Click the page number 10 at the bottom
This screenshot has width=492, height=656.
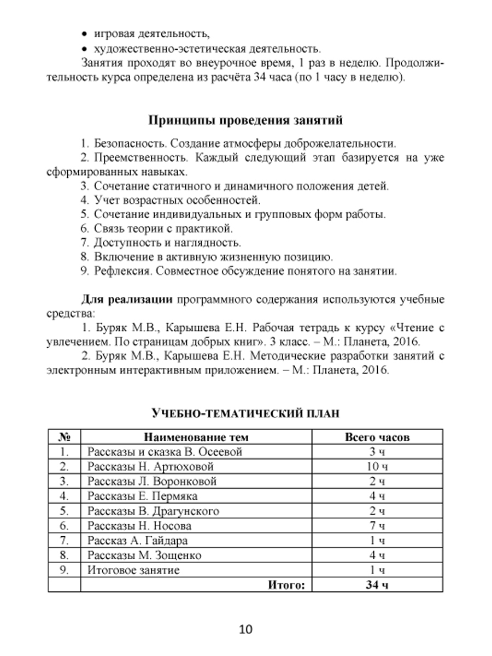[x=245, y=629]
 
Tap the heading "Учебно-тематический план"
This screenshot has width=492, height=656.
[x=245, y=414]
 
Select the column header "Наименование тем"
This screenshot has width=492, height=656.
[x=196, y=437]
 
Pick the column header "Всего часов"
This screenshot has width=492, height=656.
[x=377, y=437]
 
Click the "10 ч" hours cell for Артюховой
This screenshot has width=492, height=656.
[x=377, y=467]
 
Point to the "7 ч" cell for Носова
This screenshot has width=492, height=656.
[x=377, y=526]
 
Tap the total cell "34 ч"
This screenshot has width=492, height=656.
[x=377, y=585]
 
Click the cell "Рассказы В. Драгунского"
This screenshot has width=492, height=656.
[x=153, y=511]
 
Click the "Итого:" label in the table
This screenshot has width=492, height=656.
[x=285, y=585]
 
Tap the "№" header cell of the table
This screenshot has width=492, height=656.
[x=65, y=437]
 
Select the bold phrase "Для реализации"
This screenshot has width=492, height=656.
[x=127, y=300]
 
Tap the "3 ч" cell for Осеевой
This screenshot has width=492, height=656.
[x=377, y=452]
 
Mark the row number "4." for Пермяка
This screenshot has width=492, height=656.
[x=65, y=496]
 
